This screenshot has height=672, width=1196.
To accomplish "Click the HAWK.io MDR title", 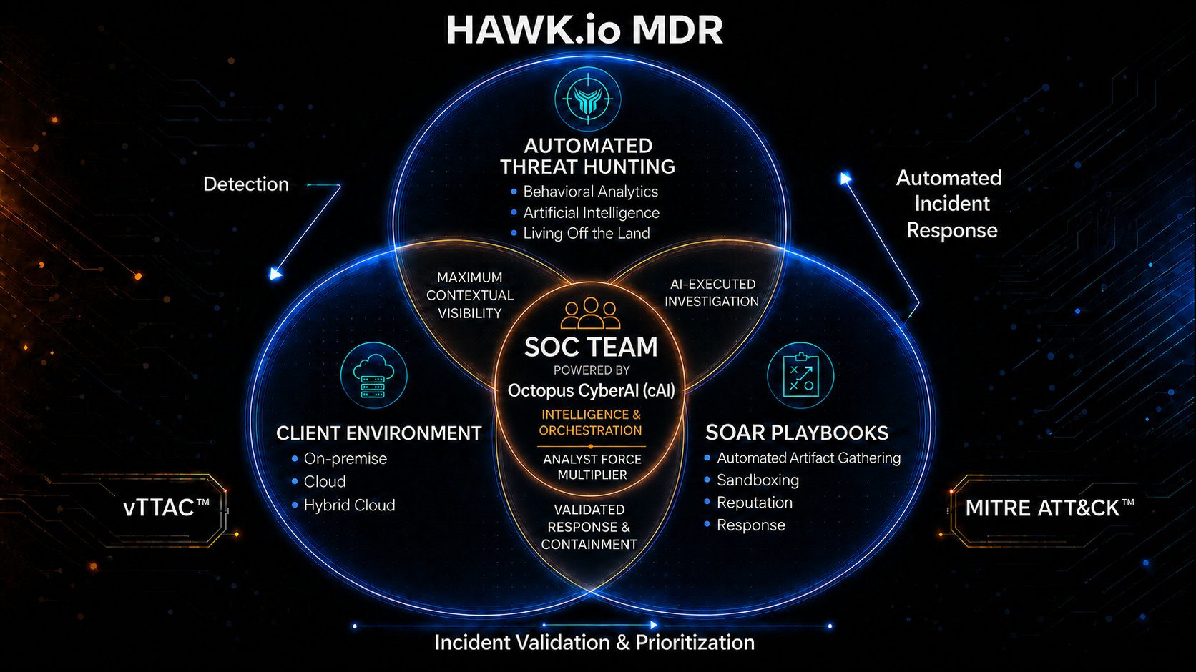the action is click(x=584, y=30).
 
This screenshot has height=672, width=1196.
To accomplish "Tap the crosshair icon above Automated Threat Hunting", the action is click(x=588, y=99).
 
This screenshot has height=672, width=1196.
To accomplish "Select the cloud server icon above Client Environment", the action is click(x=373, y=375).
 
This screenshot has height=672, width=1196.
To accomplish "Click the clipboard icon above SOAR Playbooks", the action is click(x=800, y=375).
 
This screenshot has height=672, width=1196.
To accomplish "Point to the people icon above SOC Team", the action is click(x=591, y=313).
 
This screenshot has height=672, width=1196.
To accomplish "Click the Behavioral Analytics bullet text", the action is click(x=591, y=192).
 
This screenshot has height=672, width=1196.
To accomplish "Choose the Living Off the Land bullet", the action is click(x=587, y=233).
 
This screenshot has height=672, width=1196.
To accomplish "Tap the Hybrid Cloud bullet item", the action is click(x=349, y=505).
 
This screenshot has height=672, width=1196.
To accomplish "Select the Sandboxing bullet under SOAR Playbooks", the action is click(x=758, y=480).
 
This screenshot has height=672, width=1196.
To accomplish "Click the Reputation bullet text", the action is click(x=755, y=503).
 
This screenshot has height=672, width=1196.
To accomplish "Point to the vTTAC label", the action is click(x=166, y=508).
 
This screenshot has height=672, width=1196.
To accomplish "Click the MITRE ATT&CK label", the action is click(x=1049, y=508).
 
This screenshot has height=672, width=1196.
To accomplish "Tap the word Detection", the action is click(x=246, y=184).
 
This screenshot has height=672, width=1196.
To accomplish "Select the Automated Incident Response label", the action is click(x=951, y=204).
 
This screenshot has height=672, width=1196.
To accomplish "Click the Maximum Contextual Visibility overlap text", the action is click(x=470, y=295).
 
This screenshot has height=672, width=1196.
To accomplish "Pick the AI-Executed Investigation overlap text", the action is click(x=712, y=292).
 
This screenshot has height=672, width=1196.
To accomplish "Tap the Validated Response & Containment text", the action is click(x=589, y=527).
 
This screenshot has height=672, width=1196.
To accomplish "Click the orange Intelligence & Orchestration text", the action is click(x=591, y=423).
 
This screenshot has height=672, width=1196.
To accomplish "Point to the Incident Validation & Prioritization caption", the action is click(x=594, y=642).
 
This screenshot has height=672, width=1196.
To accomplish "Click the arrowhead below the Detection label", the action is click(x=275, y=274).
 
